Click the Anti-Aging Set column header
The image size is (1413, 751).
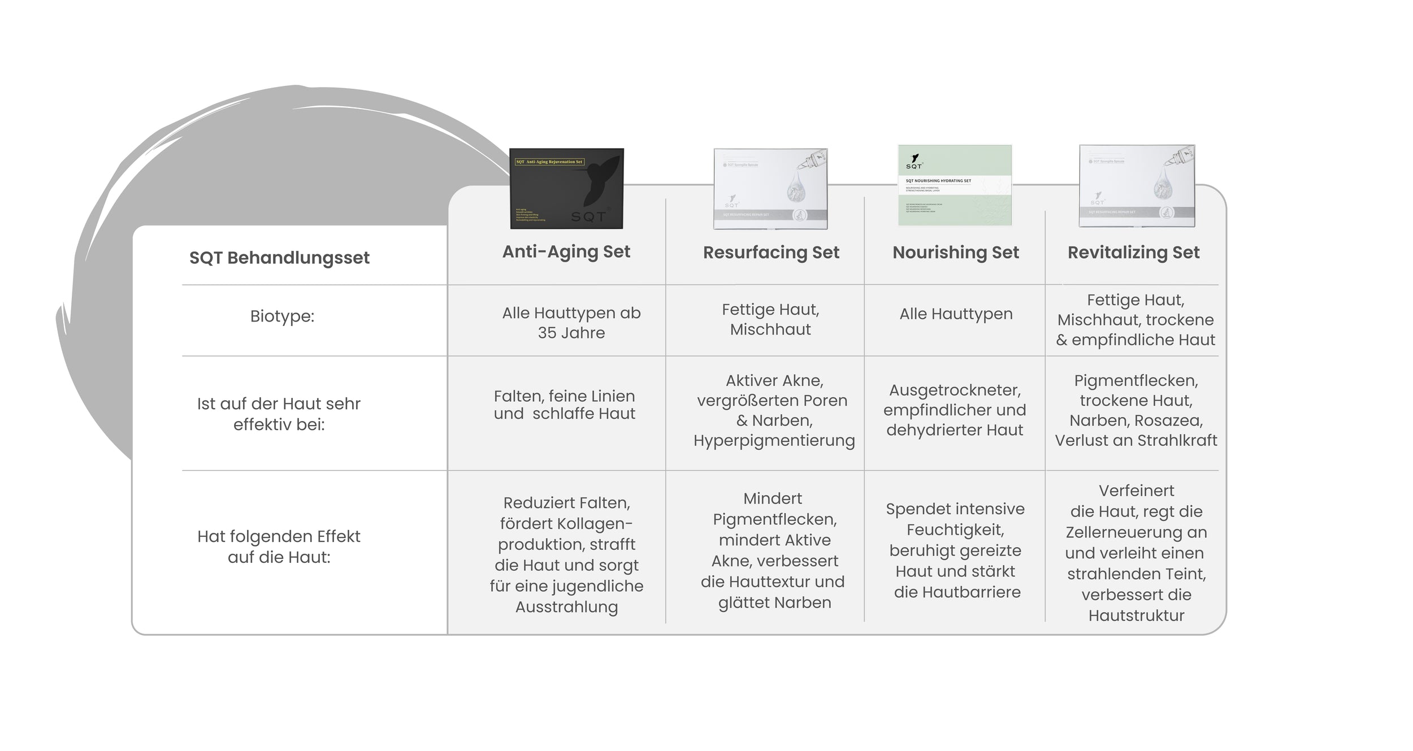(x=566, y=251)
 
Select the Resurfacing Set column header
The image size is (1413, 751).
(x=771, y=253)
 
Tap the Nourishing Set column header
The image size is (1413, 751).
(x=955, y=253)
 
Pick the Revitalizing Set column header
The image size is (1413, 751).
(x=1133, y=253)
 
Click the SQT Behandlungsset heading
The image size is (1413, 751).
(x=279, y=258)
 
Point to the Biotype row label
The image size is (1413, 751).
(x=282, y=316)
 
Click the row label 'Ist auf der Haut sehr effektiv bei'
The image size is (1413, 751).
(x=279, y=414)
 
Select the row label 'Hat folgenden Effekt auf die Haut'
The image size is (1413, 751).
(x=279, y=546)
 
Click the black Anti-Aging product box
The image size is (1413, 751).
(x=566, y=188)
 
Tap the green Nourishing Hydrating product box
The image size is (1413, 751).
(x=955, y=185)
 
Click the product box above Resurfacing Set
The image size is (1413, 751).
(x=770, y=189)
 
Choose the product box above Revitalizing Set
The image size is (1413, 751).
(x=1137, y=186)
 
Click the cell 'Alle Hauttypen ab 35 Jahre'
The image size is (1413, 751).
(x=571, y=323)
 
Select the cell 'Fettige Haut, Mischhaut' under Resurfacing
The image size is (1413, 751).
(x=770, y=319)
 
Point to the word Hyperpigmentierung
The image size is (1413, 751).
(x=774, y=441)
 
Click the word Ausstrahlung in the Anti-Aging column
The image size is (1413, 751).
(x=566, y=607)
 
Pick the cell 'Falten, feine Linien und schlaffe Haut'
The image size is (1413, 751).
(x=564, y=405)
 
